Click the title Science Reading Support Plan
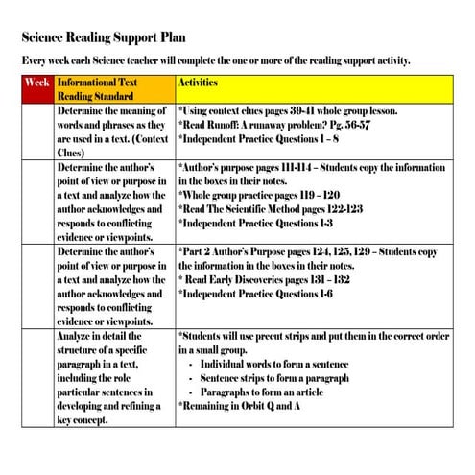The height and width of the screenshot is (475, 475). pyautogui.click(x=107, y=40)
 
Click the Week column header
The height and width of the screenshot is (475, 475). pyautogui.click(x=37, y=83)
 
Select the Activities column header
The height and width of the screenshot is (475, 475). pyautogui.click(x=205, y=83)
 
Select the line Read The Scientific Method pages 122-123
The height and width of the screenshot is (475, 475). pyautogui.click(x=270, y=208)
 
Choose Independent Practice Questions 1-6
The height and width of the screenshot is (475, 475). pyautogui.click(x=255, y=293)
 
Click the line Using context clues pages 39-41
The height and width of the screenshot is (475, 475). pyautogui.click(x=288, y=110)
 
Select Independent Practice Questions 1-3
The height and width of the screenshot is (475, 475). pyautogui.click(x=255, y=223)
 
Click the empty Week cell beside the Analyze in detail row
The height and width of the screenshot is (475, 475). pyautogui.click(x=37, y=378)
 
